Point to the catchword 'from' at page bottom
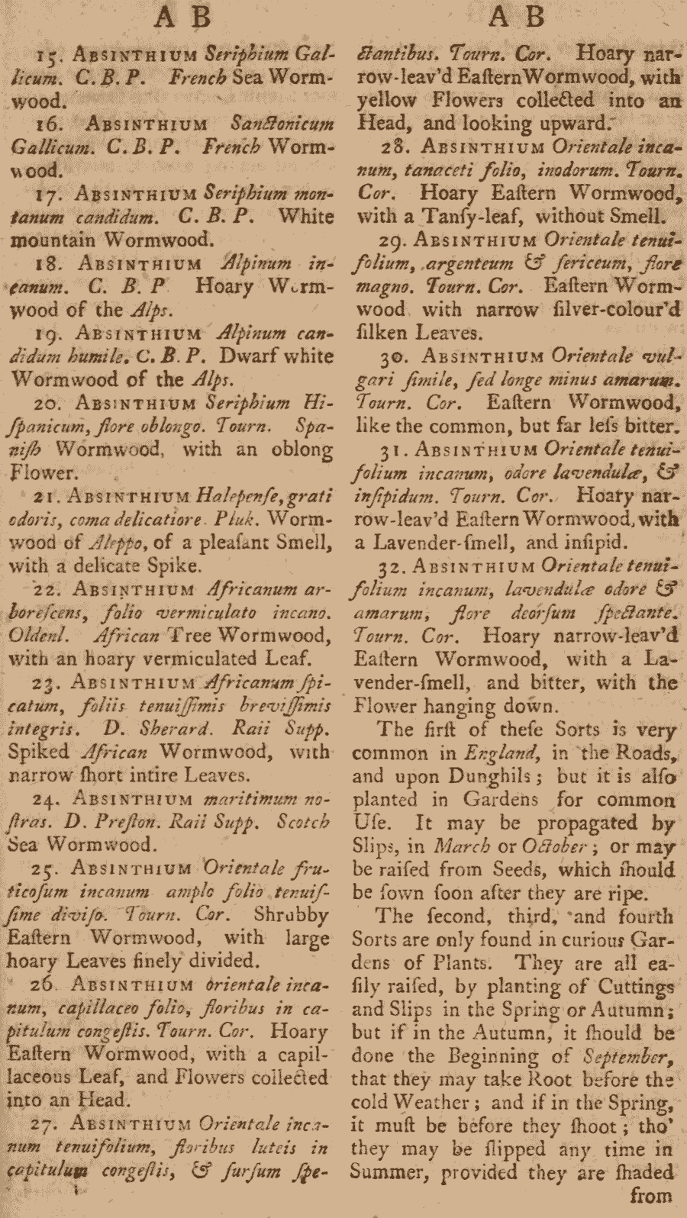651,1195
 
